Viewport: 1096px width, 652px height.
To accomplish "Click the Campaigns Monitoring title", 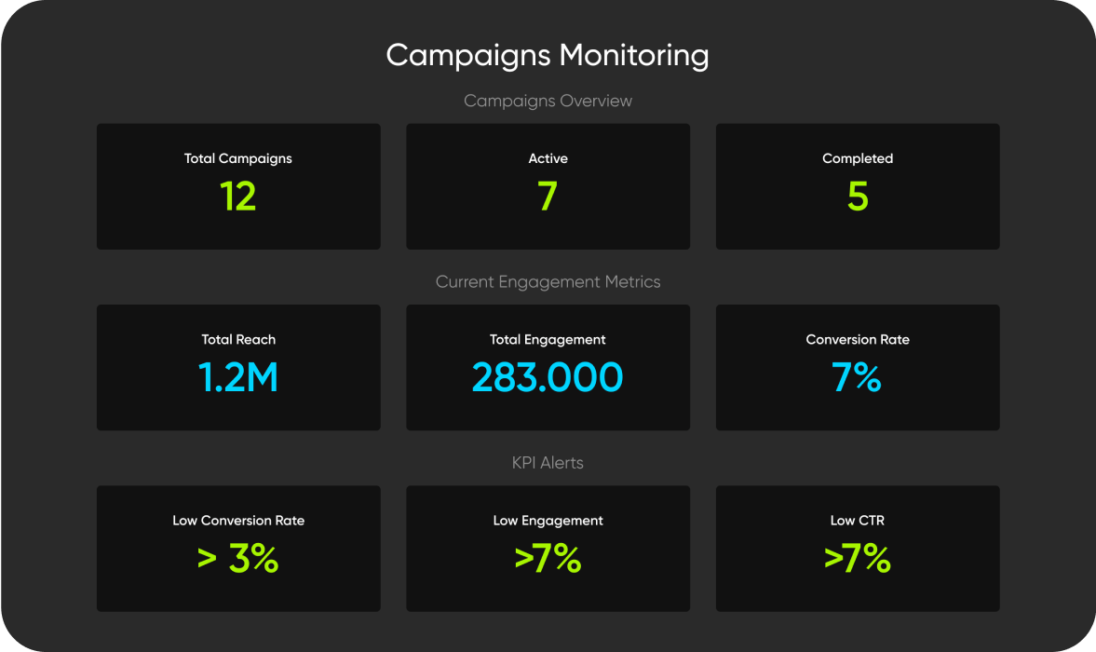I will pyautogui.click(x=548, y=56).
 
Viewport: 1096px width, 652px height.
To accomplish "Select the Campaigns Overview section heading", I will pyautogui.click(x=548, y=101).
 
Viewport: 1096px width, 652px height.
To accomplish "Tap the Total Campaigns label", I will pyautogui.click(x=238, y=158).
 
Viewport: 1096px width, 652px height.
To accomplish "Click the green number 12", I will pyautogui.click(x=238, y=197).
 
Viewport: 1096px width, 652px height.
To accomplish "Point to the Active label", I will pyautogui.click(x=548, y=158).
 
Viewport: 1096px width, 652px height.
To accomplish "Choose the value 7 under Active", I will pyautogui.click(x=548, y=197).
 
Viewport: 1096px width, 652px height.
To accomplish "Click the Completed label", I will pyautogui.click(x=858, y=158).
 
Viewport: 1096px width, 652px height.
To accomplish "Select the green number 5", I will pyautogui.click(x=858, y=197).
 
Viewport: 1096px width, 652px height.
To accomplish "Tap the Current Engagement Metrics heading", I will pyautogui.click(x=548, y=281).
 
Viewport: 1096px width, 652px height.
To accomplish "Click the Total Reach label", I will pyautogui.click(x=238, y=339).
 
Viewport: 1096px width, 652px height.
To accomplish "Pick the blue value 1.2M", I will pyautogui.click(x=238, y=377).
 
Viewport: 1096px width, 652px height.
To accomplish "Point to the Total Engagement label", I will pyautogui.click(x=548, y=339).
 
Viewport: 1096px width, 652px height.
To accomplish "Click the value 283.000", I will pyautogui.click(x=548, y=377).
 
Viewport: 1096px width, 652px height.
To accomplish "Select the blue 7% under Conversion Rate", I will pyautogui.click(x=858, y=377).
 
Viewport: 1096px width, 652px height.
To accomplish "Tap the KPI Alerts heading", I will pyautogui.click(x=548, y=462).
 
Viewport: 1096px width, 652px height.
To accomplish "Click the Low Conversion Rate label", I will pyautogui.click(x=238, y=520).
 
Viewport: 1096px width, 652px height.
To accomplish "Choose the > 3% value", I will pyautogui.click(x=238, y=559).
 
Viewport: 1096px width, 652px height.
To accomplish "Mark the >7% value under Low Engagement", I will pyautogui.click(x=548, y=559).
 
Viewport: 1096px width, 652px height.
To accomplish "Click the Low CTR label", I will pyautogui.click(x=858, y=520).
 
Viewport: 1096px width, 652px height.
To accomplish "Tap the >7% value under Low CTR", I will pyautogui.click(x=858, y=559).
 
